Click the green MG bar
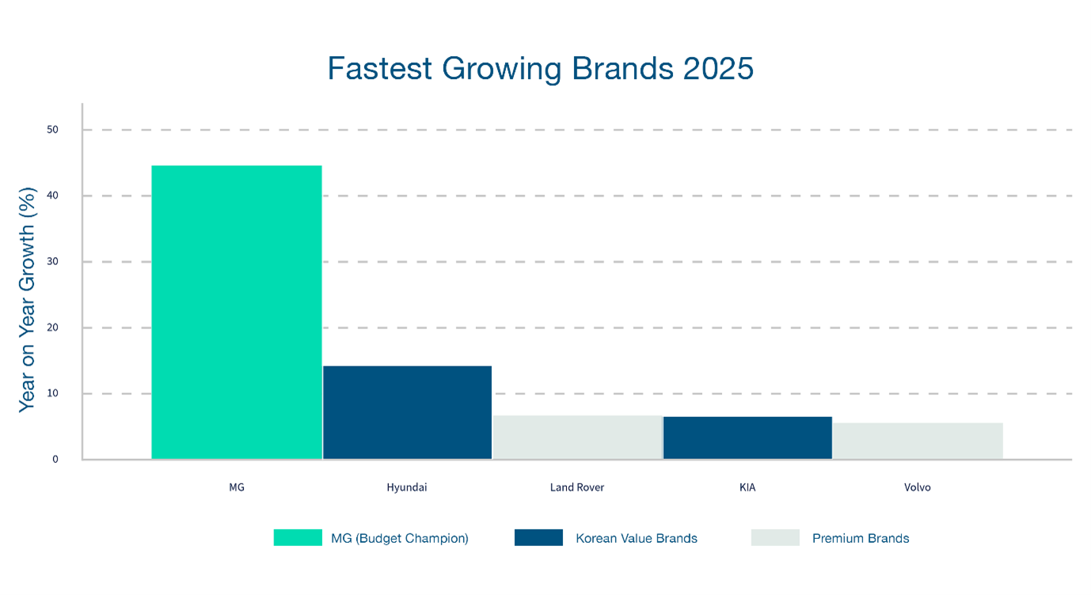pyautogui.click(x=237, y=313)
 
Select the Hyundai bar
pyautogui.click(x=407, y=412)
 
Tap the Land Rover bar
pyautogui.click(x=577, y=438)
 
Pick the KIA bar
pyautogui.click(x=747, y=438)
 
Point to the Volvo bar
pyautogui.click(x=918, y=441)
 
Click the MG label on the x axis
pyautogui.click(x=237, y=487)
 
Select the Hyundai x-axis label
pyautogui.click(x=407, y=487)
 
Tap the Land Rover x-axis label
pyautogui.click(x=577, y=487)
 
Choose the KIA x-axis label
pyautogui.click(x=747, y=487)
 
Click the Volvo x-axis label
pyautogui.click(x=918, y=487)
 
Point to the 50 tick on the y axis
pyautogui.click(x=52, y=130)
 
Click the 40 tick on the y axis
pyautogui.click(x=52, y=195)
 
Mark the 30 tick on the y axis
pyautogui.click(x=52, y=261)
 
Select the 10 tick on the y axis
pyautogui.click(x=52, y=393)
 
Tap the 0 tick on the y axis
pyautogui.click(x=55, y=459)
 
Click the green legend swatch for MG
pyautogui.click(x=298, y=538)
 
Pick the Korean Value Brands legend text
pyautogui.click(x=637, y=538)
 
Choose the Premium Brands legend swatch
pyautogui.click(x=775, y=538)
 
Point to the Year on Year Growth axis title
pyautogui.click(x=28, y=299)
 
